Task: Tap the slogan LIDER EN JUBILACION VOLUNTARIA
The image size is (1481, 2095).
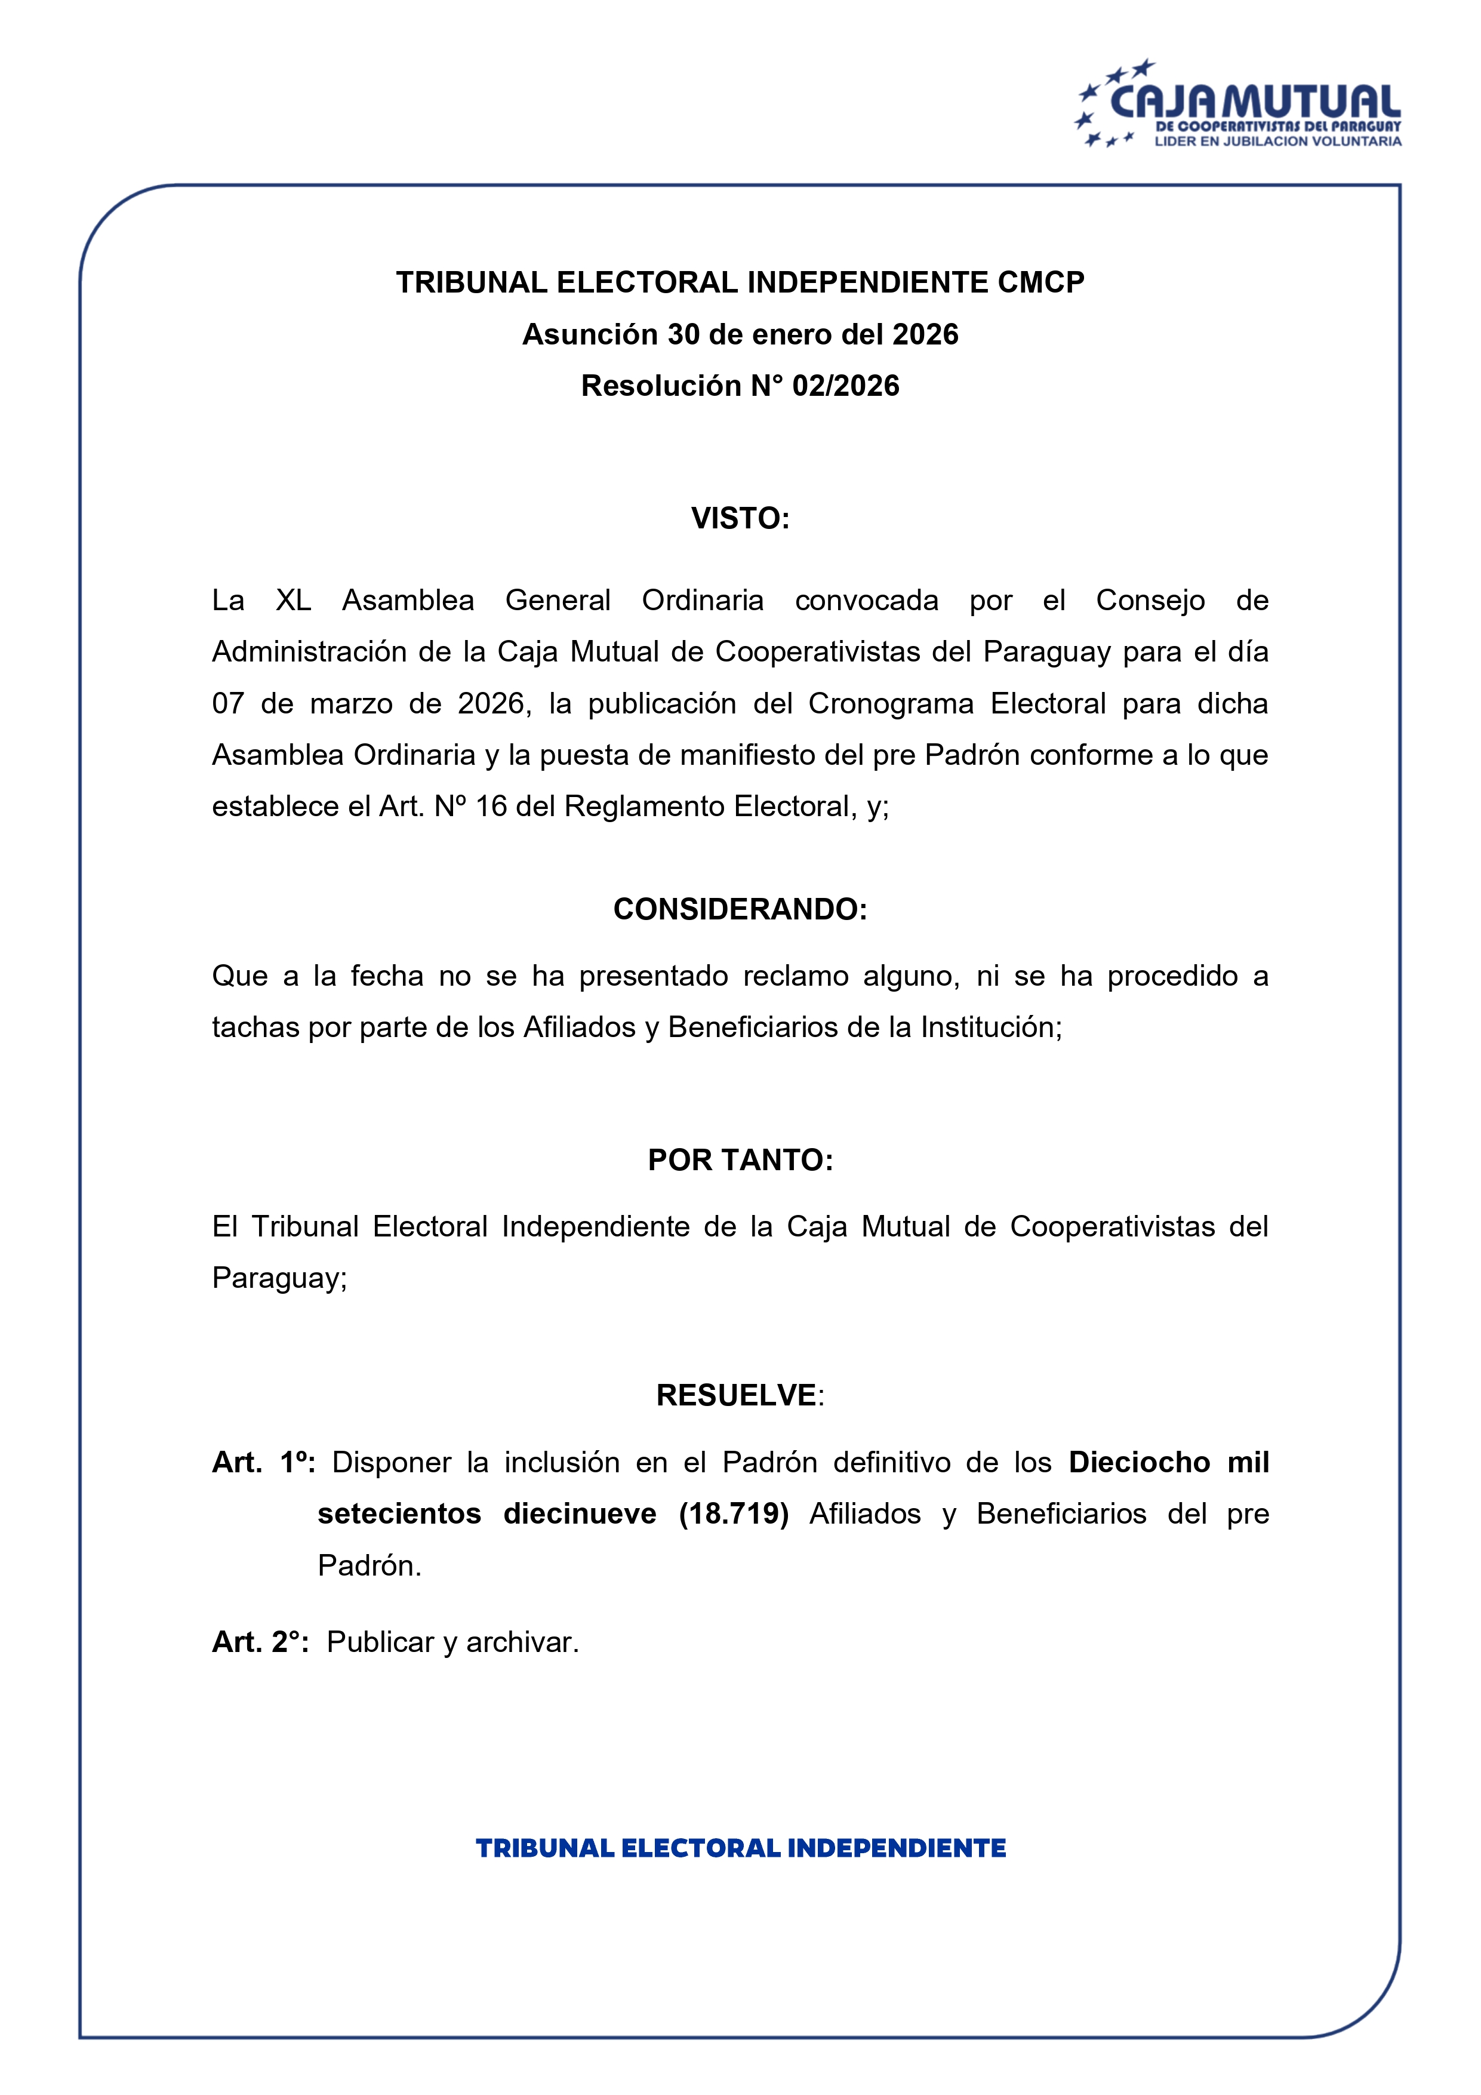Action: click(1277, 141)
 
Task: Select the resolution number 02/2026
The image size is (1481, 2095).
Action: click(845, 386)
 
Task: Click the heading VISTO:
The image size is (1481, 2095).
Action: click(740, 518)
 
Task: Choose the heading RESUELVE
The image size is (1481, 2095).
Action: click(737, 1395)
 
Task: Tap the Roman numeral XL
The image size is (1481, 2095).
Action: click(293, 601)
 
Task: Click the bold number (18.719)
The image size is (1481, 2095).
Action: click(734, 1513)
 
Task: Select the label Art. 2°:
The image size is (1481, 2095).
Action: click(260, 1642)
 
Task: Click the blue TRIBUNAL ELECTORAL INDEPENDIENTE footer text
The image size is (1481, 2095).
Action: click(740, 1848)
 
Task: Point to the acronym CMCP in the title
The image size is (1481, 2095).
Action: click(1040, 283)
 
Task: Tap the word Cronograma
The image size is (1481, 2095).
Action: click(891, 703)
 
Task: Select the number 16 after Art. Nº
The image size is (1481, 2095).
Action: click(491, 807)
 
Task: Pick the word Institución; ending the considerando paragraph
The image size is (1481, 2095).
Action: click(991, 1027)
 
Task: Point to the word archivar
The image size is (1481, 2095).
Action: click(522, 1642)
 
